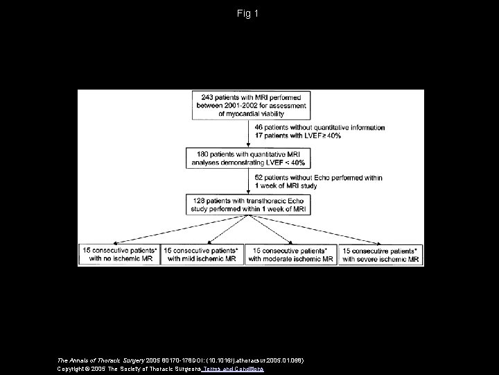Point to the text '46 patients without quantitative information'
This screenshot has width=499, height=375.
click(x=320, y=128)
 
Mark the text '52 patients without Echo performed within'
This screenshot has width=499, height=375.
click(x=318, y=178)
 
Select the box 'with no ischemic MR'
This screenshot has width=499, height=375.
click(x=119, y=254)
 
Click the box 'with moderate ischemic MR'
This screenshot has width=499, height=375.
click(x=291, y=254)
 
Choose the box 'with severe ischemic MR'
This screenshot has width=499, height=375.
click(x=380, y=254)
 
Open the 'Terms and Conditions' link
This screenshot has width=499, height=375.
click(x=234, y=369)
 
